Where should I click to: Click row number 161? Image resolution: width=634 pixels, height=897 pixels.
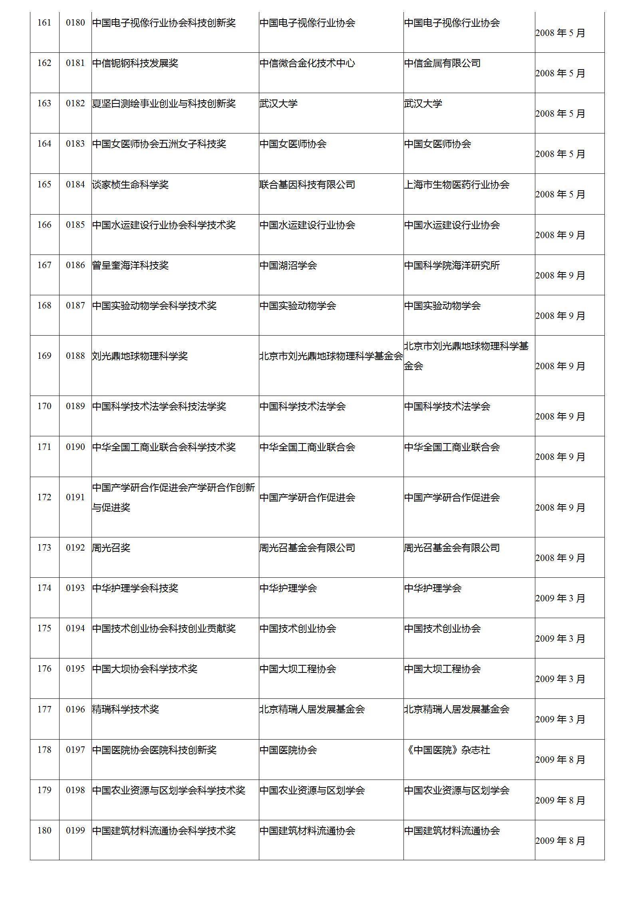44,23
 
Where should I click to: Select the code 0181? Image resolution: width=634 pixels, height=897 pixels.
75,63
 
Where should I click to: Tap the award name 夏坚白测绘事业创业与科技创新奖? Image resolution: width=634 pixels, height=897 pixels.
164,103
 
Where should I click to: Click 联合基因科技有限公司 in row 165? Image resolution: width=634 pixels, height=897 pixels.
307,185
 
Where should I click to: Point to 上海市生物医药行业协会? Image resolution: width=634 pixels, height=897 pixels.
457,185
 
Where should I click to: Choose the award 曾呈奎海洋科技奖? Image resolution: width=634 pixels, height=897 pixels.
130,265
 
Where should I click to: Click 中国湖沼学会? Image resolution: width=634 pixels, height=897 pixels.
288,265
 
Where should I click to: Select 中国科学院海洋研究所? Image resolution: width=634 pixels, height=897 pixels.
452,265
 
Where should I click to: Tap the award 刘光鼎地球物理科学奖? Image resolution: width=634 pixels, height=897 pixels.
140,356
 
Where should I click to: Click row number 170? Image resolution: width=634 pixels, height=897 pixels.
44,406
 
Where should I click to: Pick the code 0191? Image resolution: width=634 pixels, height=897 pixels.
75,497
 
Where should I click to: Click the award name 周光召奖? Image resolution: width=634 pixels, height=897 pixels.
111,547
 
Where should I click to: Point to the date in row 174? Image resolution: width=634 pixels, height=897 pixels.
560,598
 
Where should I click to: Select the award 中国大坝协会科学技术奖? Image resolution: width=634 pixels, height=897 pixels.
145,669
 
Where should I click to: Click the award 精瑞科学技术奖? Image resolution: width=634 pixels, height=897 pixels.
125,709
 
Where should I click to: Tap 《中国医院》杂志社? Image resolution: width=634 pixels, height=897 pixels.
447,750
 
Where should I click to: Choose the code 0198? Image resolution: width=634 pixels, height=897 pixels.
75,790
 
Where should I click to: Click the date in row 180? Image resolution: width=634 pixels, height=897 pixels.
560,841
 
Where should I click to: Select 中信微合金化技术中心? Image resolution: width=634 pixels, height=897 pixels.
307,63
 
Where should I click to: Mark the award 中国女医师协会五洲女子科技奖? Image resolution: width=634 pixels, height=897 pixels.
159,144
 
